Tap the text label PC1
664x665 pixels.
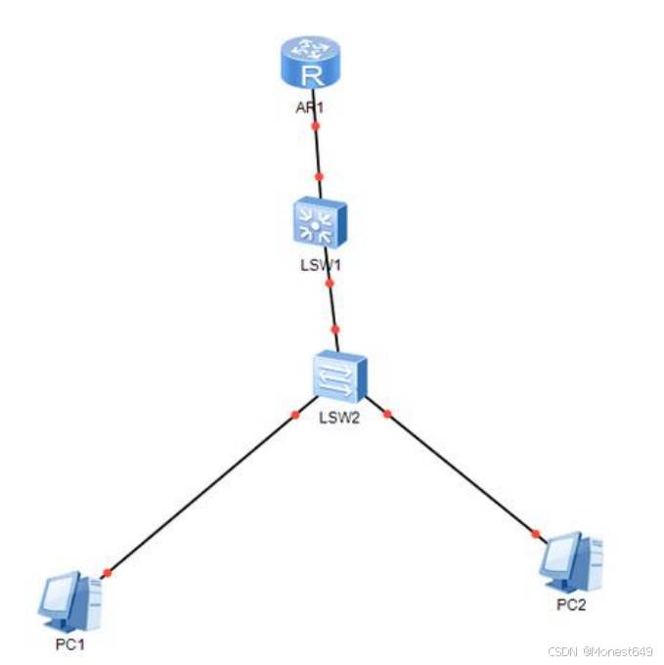(72, 644)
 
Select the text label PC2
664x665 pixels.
(571, 603)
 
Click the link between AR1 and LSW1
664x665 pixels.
(317, 152)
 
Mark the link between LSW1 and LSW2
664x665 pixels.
(332, 307)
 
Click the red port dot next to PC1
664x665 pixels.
(107, 574)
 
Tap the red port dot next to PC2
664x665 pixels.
(535, 534)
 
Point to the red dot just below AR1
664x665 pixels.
(315, 126)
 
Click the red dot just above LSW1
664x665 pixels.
(319, 177)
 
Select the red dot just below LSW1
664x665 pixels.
(330, 284)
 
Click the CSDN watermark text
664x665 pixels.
(598, 651)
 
